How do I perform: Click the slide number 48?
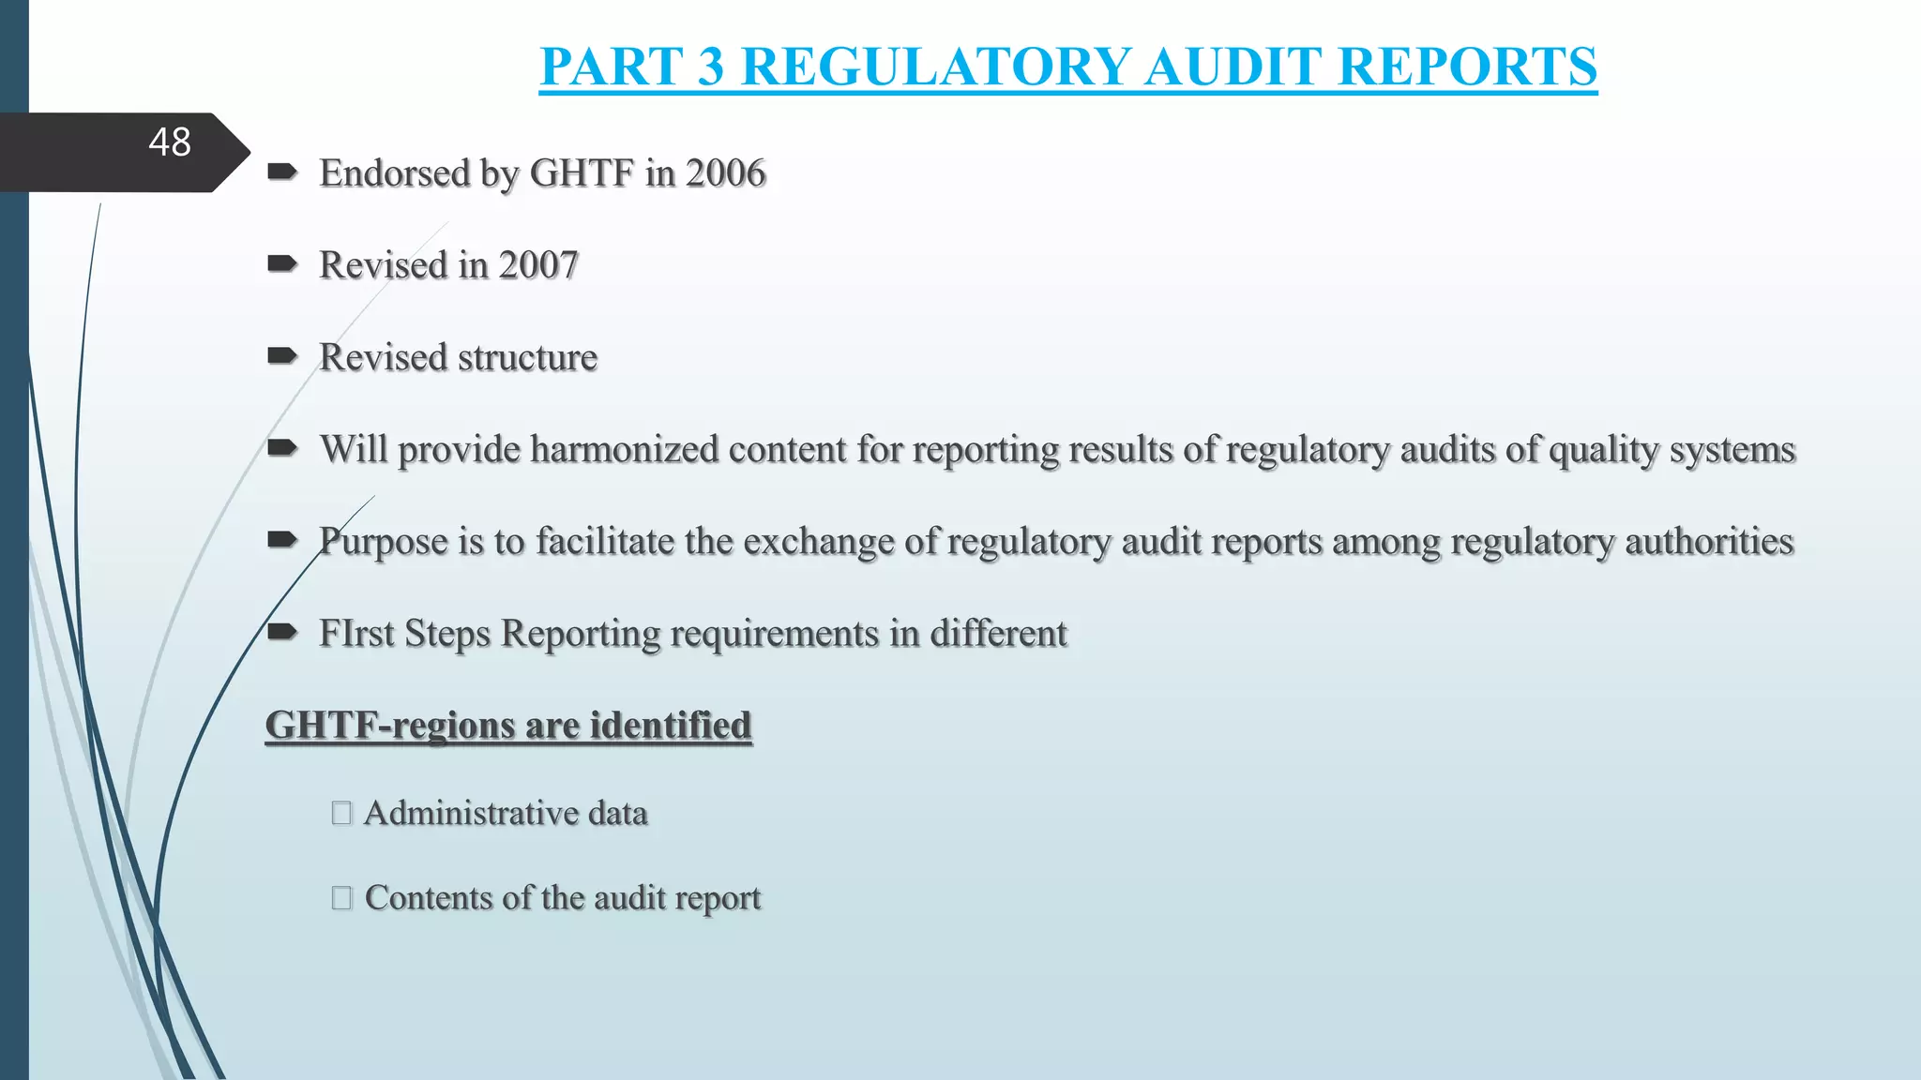point(170,142)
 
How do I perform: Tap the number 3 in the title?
point(711,67)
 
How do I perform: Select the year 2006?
point(725,173)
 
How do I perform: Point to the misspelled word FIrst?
point(356,633)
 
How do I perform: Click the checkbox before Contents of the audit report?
point(341,898)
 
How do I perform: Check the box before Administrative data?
point(341,813)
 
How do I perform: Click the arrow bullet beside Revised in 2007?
point(282,264)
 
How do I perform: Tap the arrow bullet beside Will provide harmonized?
point(282,448)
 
